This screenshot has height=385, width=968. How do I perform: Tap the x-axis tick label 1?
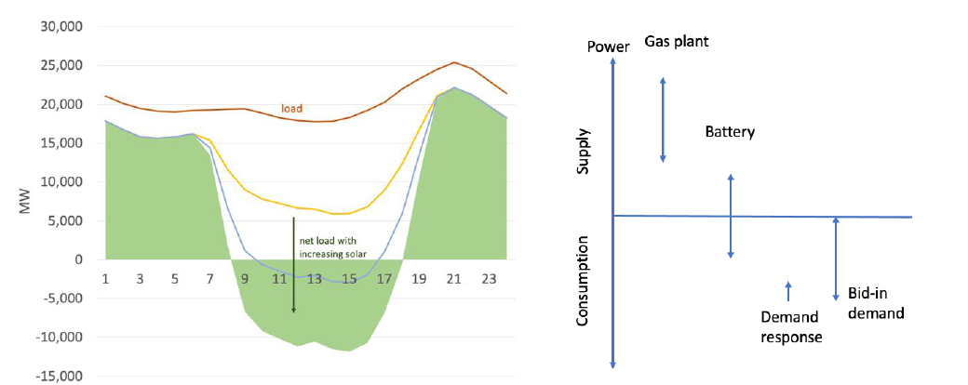106,278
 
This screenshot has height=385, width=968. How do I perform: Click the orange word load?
292,109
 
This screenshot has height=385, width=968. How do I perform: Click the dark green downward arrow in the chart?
294,265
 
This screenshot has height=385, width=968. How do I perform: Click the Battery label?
730,132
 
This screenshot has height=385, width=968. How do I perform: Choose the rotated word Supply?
584,155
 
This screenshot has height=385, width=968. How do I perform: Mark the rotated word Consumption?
584,280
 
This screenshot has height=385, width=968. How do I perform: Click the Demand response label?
790,325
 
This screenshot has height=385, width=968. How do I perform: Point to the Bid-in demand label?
875,303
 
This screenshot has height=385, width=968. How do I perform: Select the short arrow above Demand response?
788,290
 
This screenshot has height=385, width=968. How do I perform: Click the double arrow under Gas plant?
663,119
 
